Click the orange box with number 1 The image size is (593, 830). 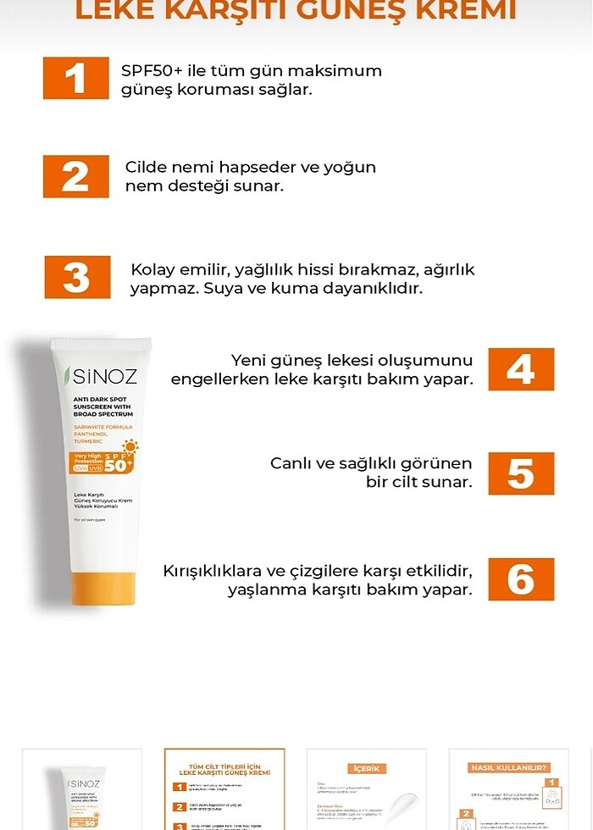[75, 78]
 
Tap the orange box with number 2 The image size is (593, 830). [75, 176]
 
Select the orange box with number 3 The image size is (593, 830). [77, 277]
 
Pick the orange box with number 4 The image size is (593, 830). [520, 369]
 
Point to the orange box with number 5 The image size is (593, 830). [520, 473]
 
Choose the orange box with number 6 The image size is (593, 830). [520, 579]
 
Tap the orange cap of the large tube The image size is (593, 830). [103, 588]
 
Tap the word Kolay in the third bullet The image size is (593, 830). [153, 269]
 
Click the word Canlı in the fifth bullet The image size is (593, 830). [292, 463]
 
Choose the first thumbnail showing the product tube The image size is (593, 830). [81, 789]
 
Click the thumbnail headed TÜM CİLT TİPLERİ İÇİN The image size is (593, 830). [224, 789]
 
